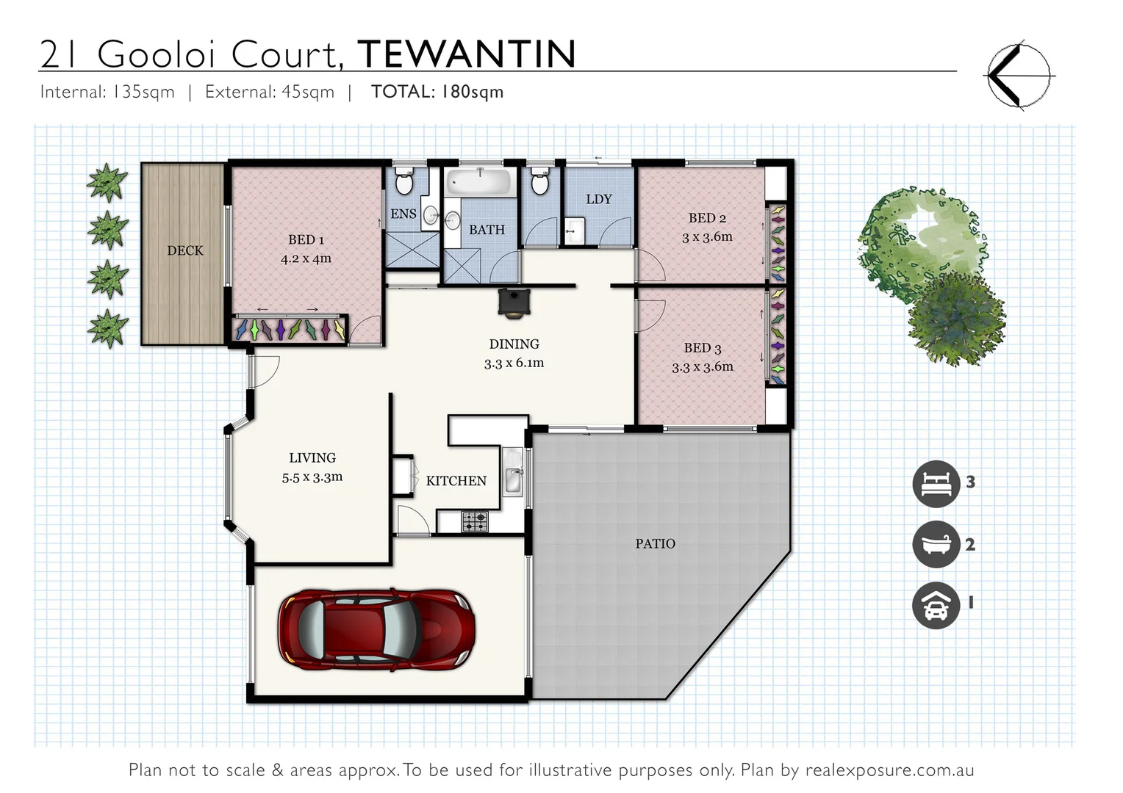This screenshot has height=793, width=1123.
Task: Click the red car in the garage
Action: click(376, 629)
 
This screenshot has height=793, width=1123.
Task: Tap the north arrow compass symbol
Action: click(1018, 76)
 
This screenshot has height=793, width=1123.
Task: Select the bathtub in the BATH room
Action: click(481, 181)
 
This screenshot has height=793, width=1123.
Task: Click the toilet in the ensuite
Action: click(404, 181)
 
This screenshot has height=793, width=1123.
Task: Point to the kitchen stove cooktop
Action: click(475, 521)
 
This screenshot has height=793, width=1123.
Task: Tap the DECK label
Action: click(184, 251)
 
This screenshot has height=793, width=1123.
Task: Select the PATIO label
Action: click(655, 544)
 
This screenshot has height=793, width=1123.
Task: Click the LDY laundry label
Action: click(598, 200)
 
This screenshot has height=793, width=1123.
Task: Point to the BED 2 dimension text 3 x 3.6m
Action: click(707, 237)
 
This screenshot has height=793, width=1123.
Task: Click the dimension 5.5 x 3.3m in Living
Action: click(312, 477)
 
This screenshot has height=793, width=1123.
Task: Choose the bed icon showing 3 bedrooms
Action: click(936, 484)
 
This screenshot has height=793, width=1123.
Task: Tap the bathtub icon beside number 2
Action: click(936, 544)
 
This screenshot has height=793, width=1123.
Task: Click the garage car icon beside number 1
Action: click(936, 605)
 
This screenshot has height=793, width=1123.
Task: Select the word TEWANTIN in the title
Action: click(467, 54)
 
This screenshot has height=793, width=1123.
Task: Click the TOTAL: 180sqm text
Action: click(437, 92)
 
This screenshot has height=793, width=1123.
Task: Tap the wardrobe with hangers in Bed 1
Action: click(290, 329)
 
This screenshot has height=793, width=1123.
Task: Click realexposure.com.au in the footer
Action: click(889, 770)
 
